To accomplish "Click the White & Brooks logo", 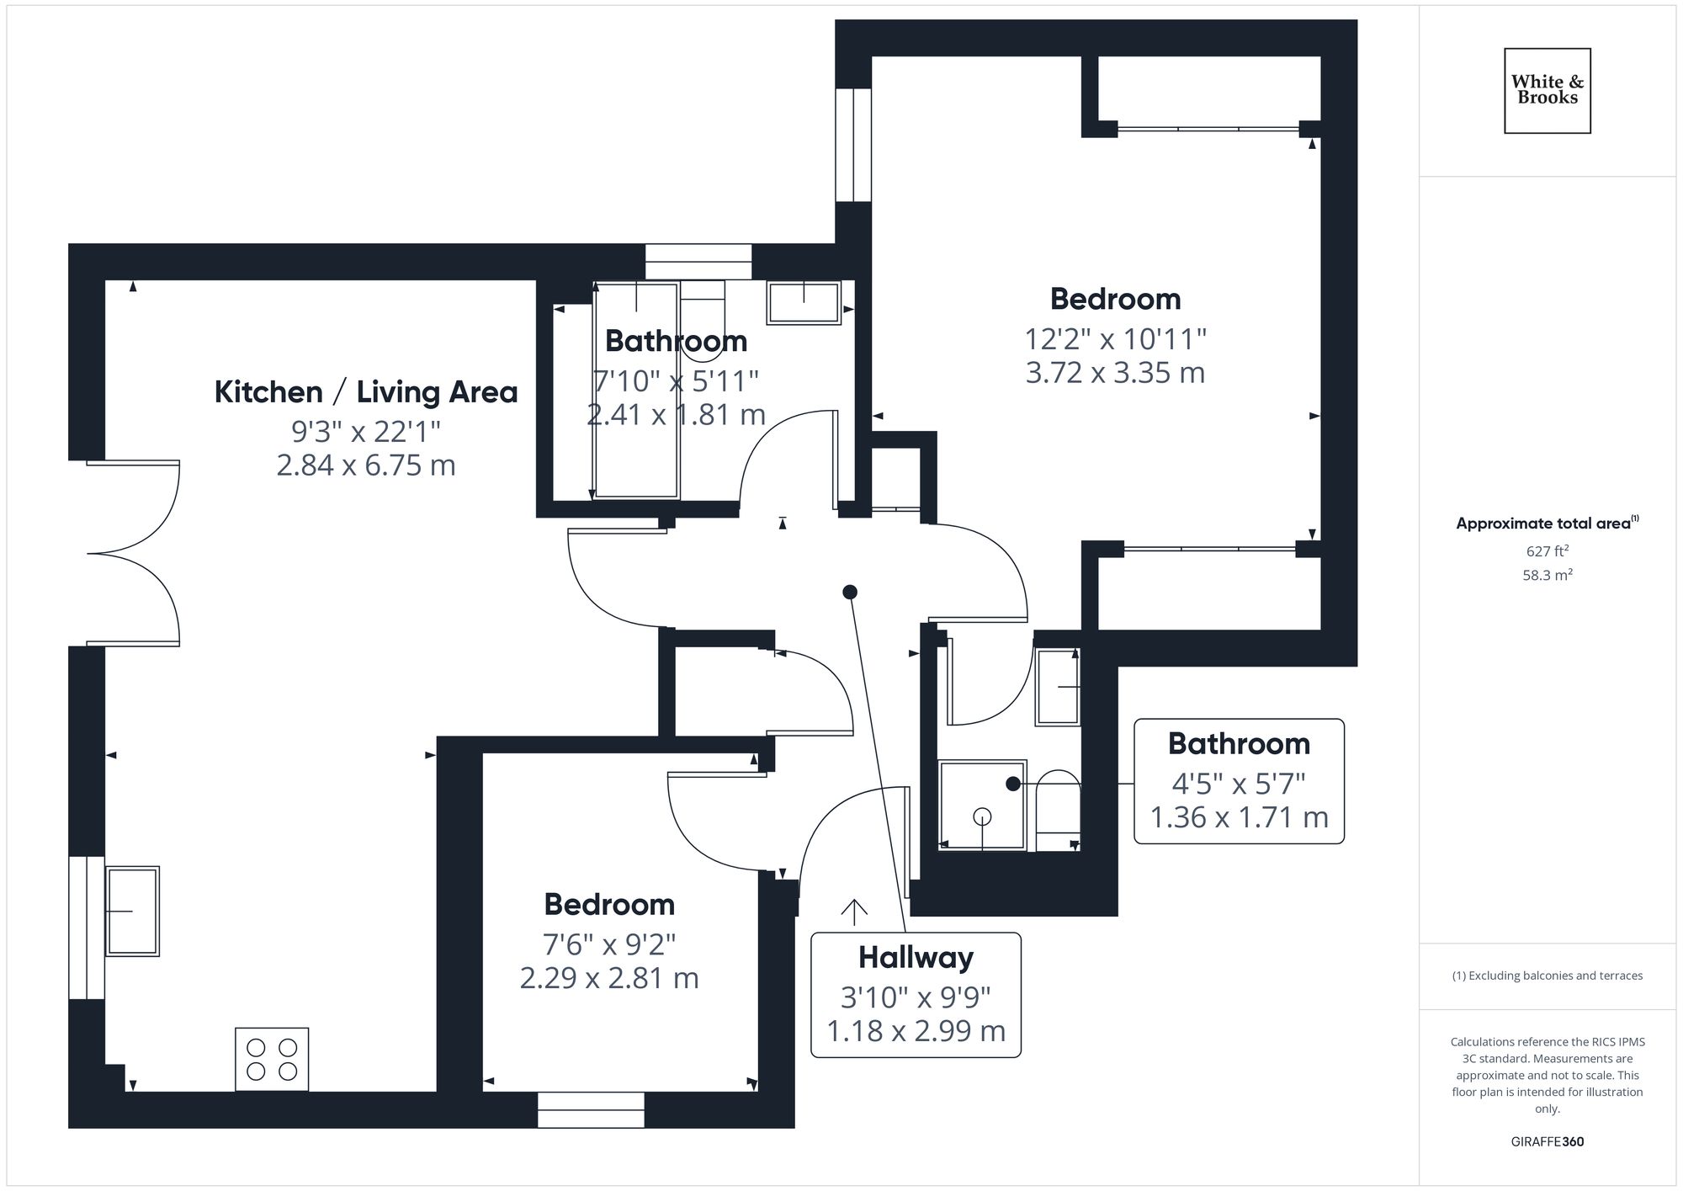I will click(1547, 90).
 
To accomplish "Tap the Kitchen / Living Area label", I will click(365, 392).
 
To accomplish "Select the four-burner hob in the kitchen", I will click(272, 1059).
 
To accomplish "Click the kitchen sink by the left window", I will click(132, 912).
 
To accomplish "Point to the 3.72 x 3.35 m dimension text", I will click(1115, 372).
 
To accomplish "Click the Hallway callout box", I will click(916, 995).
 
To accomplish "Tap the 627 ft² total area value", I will click(1547, 551).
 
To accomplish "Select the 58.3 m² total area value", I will click(1547, 576).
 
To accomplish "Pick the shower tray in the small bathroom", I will click(982, 806).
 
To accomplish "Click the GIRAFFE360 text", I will click(1547, 1142).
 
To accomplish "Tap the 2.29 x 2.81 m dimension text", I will click(609, 978).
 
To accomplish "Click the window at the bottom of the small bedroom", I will click(591, 1110).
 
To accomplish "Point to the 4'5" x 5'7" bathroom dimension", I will click(1239, 784).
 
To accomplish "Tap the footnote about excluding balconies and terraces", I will click(1547, 976).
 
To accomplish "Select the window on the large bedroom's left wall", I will click(852, 145).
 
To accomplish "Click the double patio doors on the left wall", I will click(133, 553).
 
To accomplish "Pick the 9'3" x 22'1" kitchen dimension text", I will click(365, 432).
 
